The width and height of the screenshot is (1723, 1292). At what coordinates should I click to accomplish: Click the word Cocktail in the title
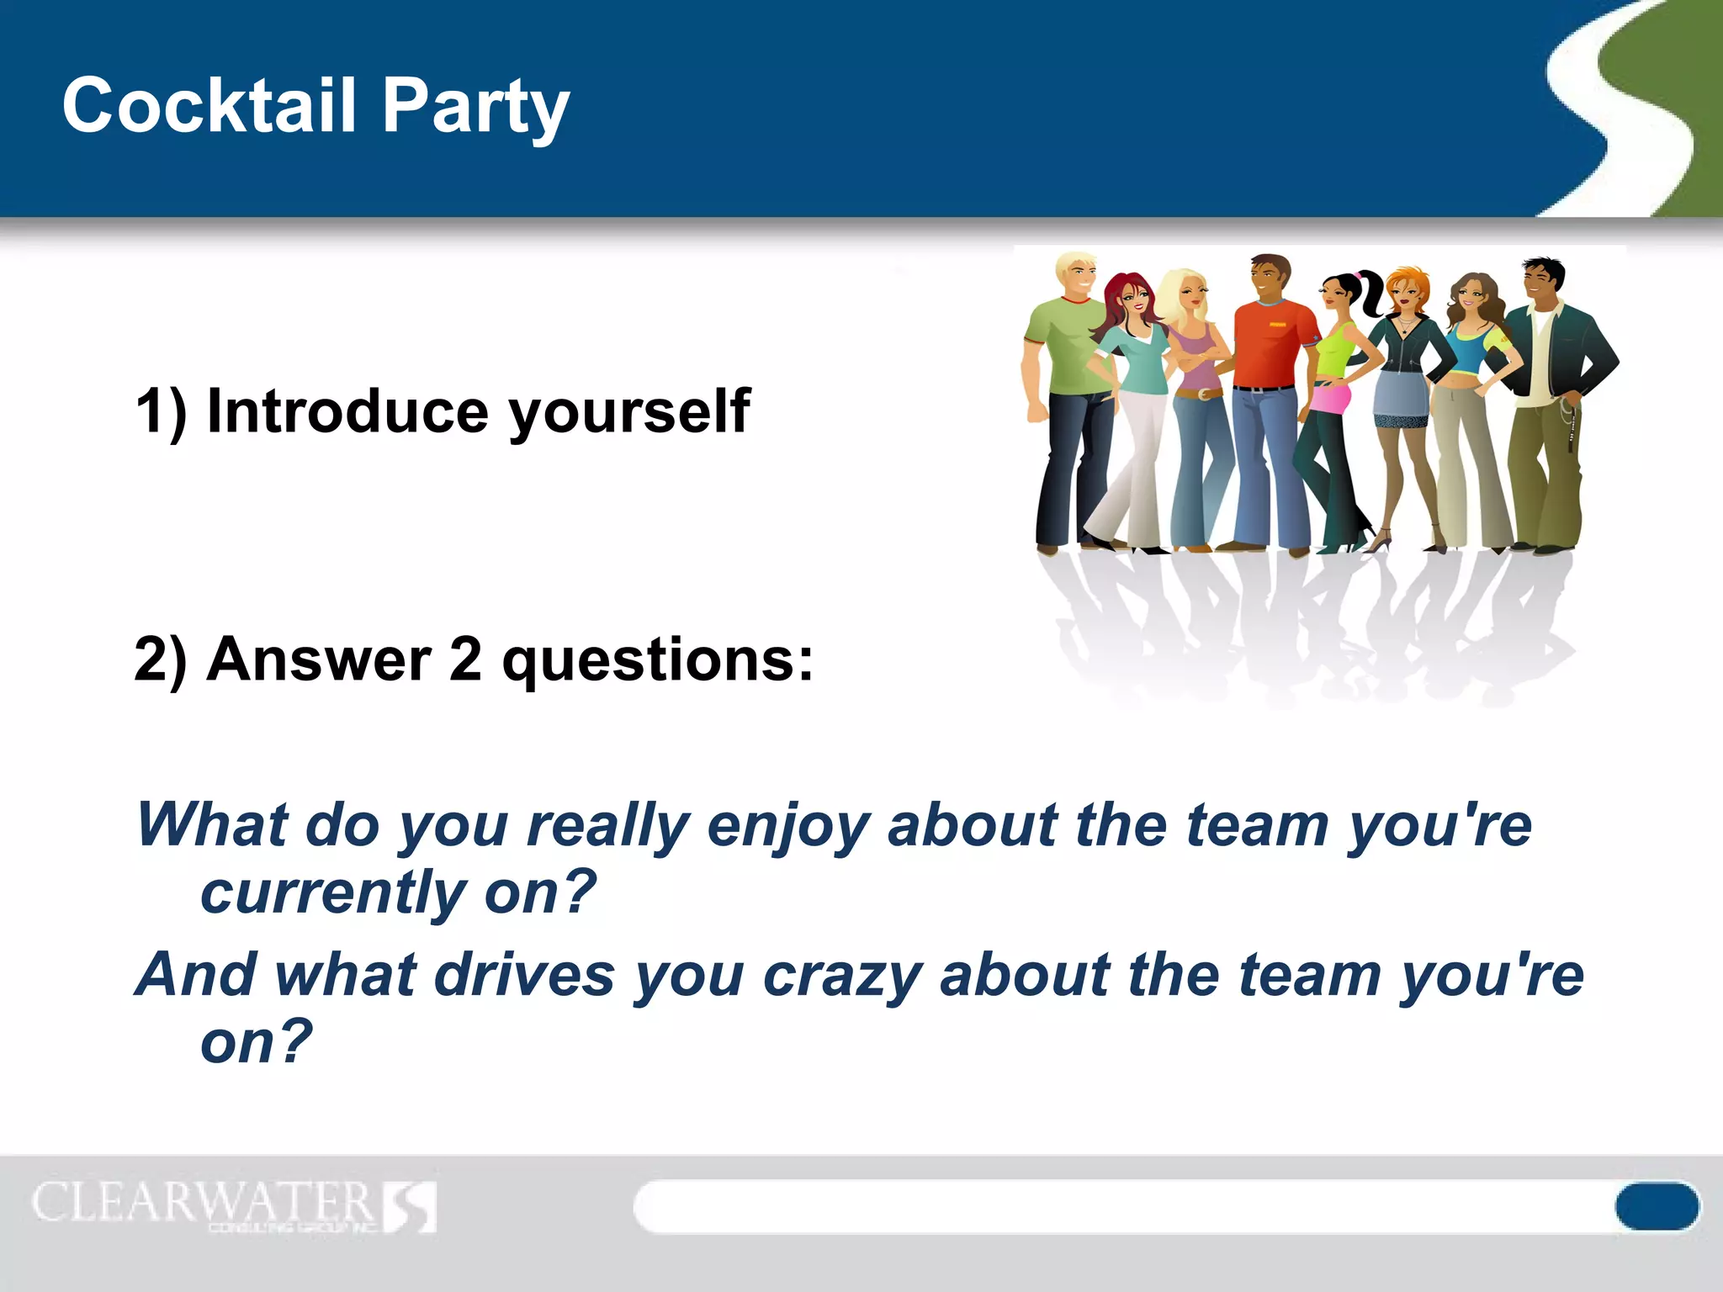coord(209,105)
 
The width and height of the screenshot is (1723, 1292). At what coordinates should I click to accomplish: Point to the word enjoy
coord(788,827)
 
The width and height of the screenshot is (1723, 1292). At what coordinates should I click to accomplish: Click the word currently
coord(332,894)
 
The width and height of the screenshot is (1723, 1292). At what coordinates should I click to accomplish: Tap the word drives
coord(525,976)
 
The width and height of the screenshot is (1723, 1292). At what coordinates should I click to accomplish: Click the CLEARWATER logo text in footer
coord(202,1202)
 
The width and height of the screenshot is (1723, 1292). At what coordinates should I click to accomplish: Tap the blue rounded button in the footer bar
coord(1656,1206)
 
